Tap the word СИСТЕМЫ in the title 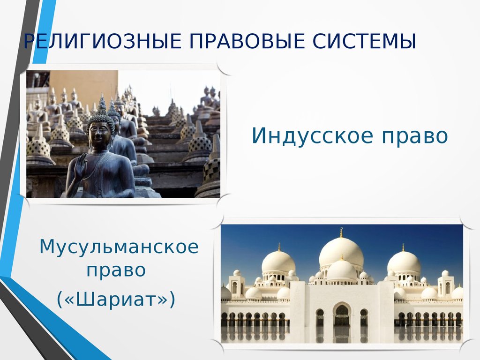(364, 41)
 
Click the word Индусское (313, 135)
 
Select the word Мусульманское (119, 247)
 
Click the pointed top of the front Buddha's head (102, 97)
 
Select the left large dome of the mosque (278, 262)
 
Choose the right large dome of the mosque (404, 262)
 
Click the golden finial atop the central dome (341, 232)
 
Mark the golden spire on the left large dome (279, 247)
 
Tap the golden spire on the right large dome (403, 247)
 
